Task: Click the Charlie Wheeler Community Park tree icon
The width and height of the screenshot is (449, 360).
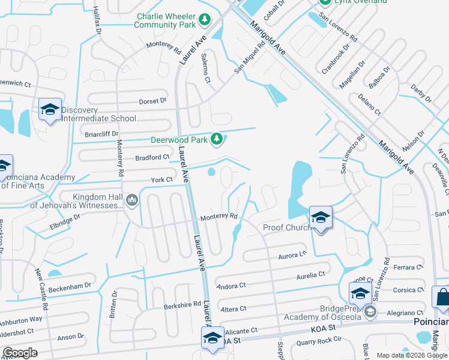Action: [x=205, y=20]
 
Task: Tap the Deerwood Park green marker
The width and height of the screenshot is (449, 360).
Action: [x=217, y=140]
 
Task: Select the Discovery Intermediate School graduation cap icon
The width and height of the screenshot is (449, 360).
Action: [x=50, y=110]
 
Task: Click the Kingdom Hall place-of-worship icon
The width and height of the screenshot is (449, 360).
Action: [x=133, y=200]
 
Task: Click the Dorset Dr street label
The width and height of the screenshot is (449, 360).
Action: [x=152, y=101]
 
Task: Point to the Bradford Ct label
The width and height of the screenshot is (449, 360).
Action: [x=152, y=157]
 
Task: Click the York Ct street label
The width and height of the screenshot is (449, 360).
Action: [x=161, y=179]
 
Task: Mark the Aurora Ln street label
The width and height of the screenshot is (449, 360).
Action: [x=292, y=255]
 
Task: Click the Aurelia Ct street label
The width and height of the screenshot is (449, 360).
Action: [x=311, y=275]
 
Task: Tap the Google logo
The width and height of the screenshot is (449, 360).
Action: [x=20, y=353]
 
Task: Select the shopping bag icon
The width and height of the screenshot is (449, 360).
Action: [x=442, y=298]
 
